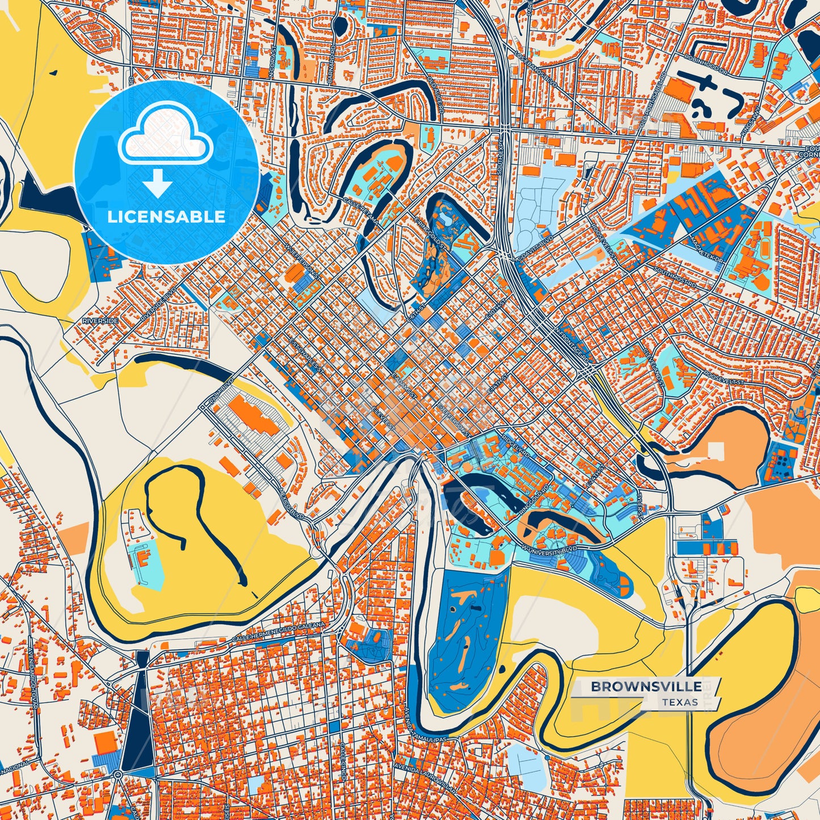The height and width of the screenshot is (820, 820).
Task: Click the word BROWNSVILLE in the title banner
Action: point(646,687)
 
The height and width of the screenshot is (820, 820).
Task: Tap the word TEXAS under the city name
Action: point(679,702)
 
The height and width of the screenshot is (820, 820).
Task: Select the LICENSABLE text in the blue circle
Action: point(166,217)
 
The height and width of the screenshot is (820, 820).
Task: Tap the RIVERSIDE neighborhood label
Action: point(100,321)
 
